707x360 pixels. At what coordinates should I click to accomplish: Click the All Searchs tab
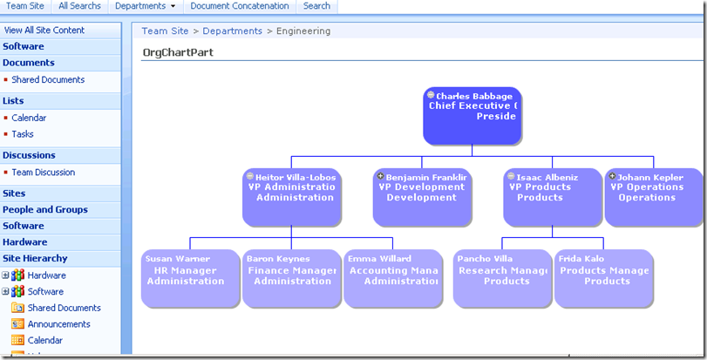pos(79,6)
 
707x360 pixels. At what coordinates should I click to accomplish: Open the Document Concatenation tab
pos(240,6)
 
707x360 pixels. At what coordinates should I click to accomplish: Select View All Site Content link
pos(44,30)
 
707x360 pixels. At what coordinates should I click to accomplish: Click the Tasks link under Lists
pos(23,134)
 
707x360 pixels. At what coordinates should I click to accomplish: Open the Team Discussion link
pos(44,173)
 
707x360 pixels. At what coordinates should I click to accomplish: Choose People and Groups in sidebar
pos(45,209)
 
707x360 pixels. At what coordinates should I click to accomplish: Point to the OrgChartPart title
pos(178,52)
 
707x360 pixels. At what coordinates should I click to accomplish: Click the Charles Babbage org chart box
pos(472,116)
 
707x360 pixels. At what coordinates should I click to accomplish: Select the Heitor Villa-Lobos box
pos(290,196)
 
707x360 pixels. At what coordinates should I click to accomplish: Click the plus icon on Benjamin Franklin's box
pos(381,176)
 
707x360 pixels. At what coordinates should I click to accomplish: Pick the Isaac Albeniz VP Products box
pos(551,196)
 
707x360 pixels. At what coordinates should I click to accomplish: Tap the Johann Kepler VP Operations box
pos(653,196)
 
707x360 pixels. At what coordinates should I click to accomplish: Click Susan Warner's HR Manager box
pos(189,278)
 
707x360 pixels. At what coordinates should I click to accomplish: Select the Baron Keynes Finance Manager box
pos(290,278)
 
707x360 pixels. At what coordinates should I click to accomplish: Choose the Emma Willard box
pos(391,278)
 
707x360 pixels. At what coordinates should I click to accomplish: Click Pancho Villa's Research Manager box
pos(500,278)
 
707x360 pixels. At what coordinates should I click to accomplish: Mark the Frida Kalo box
pos(603,278)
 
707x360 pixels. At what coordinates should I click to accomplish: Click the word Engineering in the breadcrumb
pos(303,31)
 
